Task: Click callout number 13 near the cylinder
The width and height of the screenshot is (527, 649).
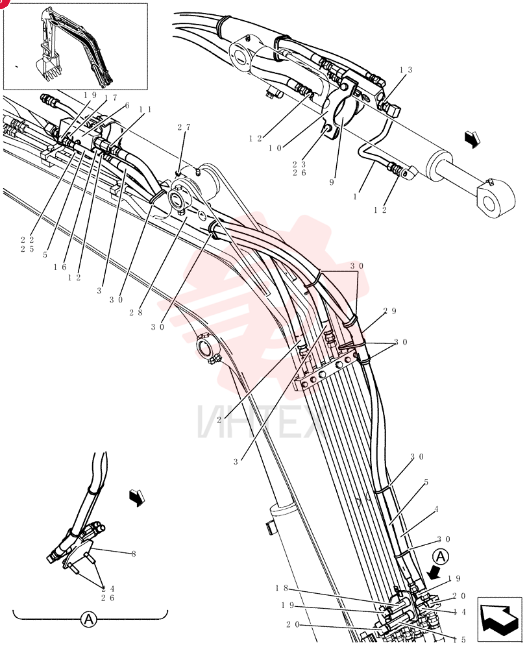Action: [406, 70]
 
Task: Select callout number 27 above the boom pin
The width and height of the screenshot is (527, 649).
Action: [184, 127]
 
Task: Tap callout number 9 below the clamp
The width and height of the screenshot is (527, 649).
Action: [332, 182]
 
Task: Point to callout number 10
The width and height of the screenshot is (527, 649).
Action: [275, 148]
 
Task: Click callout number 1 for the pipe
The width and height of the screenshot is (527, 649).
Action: [355, 197]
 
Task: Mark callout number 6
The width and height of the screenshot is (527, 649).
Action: [127, 106]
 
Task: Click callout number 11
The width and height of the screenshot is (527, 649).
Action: [145, 110]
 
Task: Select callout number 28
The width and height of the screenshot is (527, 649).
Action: [136, 313]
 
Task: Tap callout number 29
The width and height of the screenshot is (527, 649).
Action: [390, 311]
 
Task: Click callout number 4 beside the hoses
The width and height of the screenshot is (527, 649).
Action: [436, 509]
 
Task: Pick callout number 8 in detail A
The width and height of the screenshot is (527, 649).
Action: [133, 554]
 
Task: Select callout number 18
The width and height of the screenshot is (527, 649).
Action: [282, 588]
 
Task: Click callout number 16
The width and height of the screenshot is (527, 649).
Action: [60, 267]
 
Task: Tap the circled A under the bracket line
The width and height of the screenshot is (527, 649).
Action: [88, 620]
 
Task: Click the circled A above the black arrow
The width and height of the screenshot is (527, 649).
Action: [441, 557]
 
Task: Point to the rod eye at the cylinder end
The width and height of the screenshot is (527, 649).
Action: [496, 202]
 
